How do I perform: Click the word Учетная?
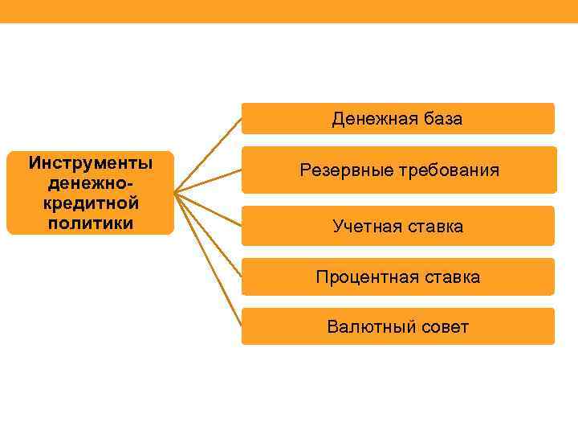click(365, 227)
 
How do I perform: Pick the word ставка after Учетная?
click(433, 227)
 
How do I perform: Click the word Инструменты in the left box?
click(91, 163)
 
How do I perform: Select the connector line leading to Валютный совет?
click(209, 258)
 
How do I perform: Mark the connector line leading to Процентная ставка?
click(209, 233)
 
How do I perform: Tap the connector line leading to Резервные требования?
click(209, 182)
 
